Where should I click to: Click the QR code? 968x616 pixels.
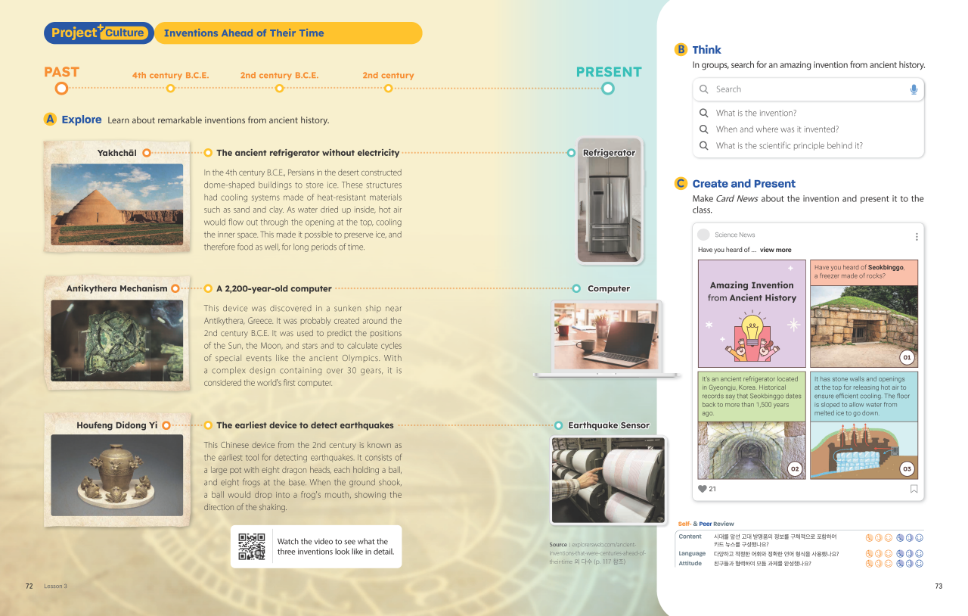pos(252,546)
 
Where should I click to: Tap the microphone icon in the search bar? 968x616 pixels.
pos(914,89)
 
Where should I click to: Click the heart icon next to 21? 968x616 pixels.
pos(703,489)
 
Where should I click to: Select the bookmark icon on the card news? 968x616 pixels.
pos(914,489)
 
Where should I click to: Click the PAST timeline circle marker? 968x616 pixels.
pos(61,89)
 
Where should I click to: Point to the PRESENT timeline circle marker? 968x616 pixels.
pos(608,89)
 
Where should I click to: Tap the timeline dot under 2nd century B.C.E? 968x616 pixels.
pos(279,89)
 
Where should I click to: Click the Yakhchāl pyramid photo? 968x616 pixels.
pos(116,194)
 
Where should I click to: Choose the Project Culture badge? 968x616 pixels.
pos(98,33)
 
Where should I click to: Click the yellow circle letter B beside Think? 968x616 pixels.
pos(681,50)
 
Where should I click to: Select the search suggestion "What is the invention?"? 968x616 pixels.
pos(756,113)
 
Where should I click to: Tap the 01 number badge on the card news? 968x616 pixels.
pos(907,357)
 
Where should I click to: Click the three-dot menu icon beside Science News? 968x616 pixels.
pos(917,236)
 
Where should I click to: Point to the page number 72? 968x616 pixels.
pos(29,586)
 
